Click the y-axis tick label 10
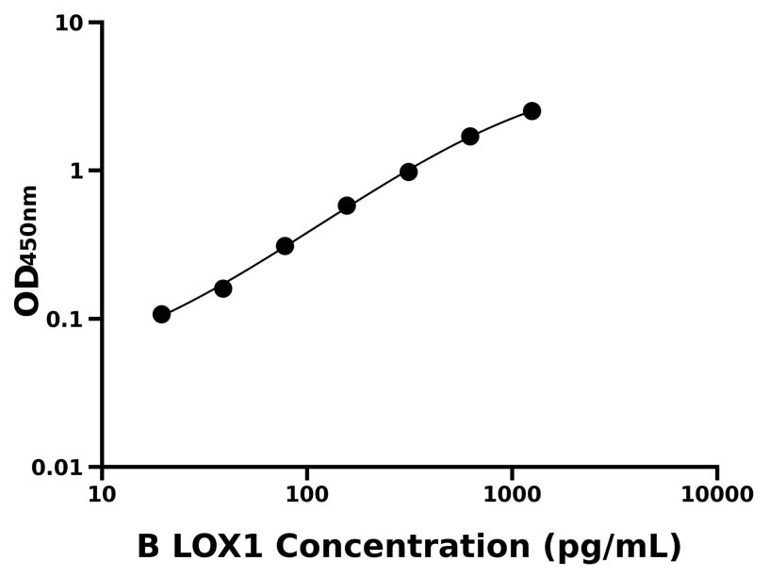[69, 23]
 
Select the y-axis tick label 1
[77, 171]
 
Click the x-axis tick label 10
[102, 494]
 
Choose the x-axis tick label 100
[306, 494]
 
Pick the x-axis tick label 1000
[512, 494]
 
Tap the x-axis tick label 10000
[716, 494]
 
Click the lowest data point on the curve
[161, 314]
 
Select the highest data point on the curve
[532, 111]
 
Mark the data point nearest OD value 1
[408, 172]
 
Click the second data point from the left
[223, 288]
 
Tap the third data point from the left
[285, 246]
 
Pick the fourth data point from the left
[347, 206]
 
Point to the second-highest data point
[470, 137]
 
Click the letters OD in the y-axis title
[28, 289]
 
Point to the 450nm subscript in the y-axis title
[30, 223]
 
